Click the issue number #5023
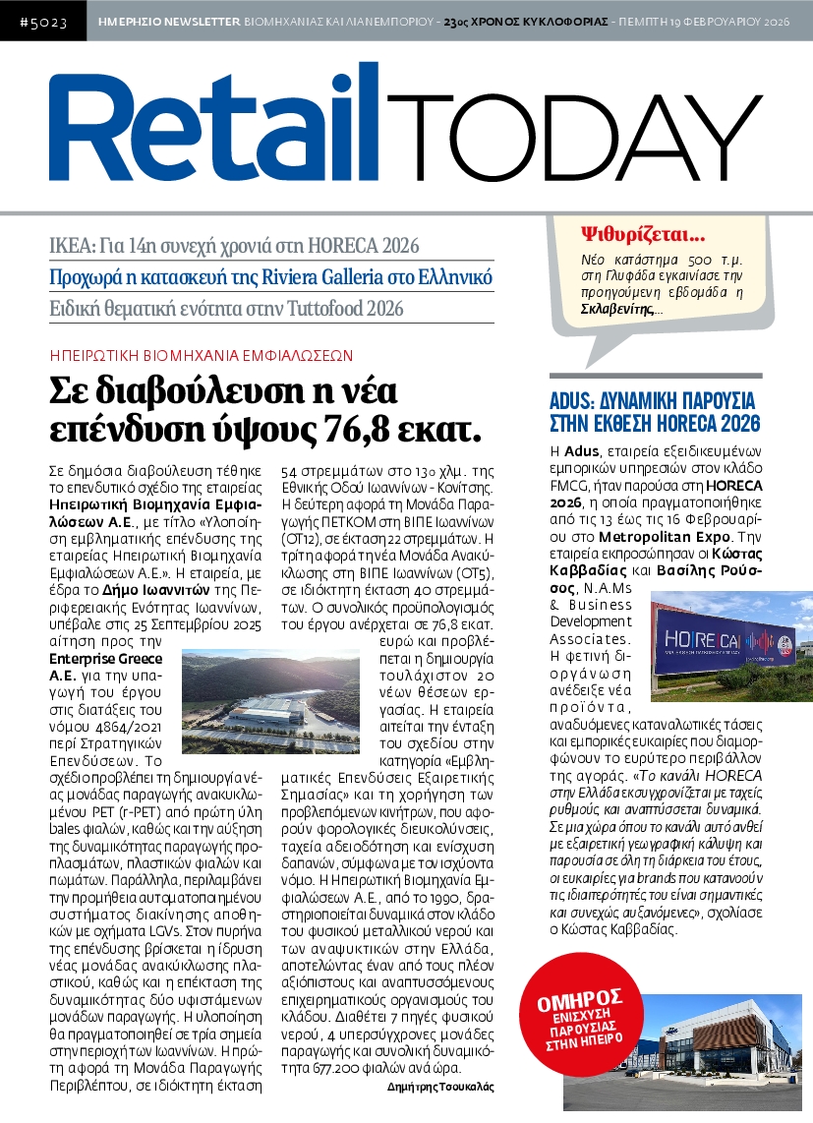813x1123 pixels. pyautogui.click(x=42, y=21)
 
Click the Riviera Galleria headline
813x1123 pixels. pyautogui.click(x=271, y=276)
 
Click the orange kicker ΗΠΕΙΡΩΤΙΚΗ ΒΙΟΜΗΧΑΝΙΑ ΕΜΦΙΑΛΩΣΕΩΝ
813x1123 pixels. pyautogui.click(x=201, y=355)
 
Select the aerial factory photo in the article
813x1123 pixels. pyautogui.click(x=270, y=700)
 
